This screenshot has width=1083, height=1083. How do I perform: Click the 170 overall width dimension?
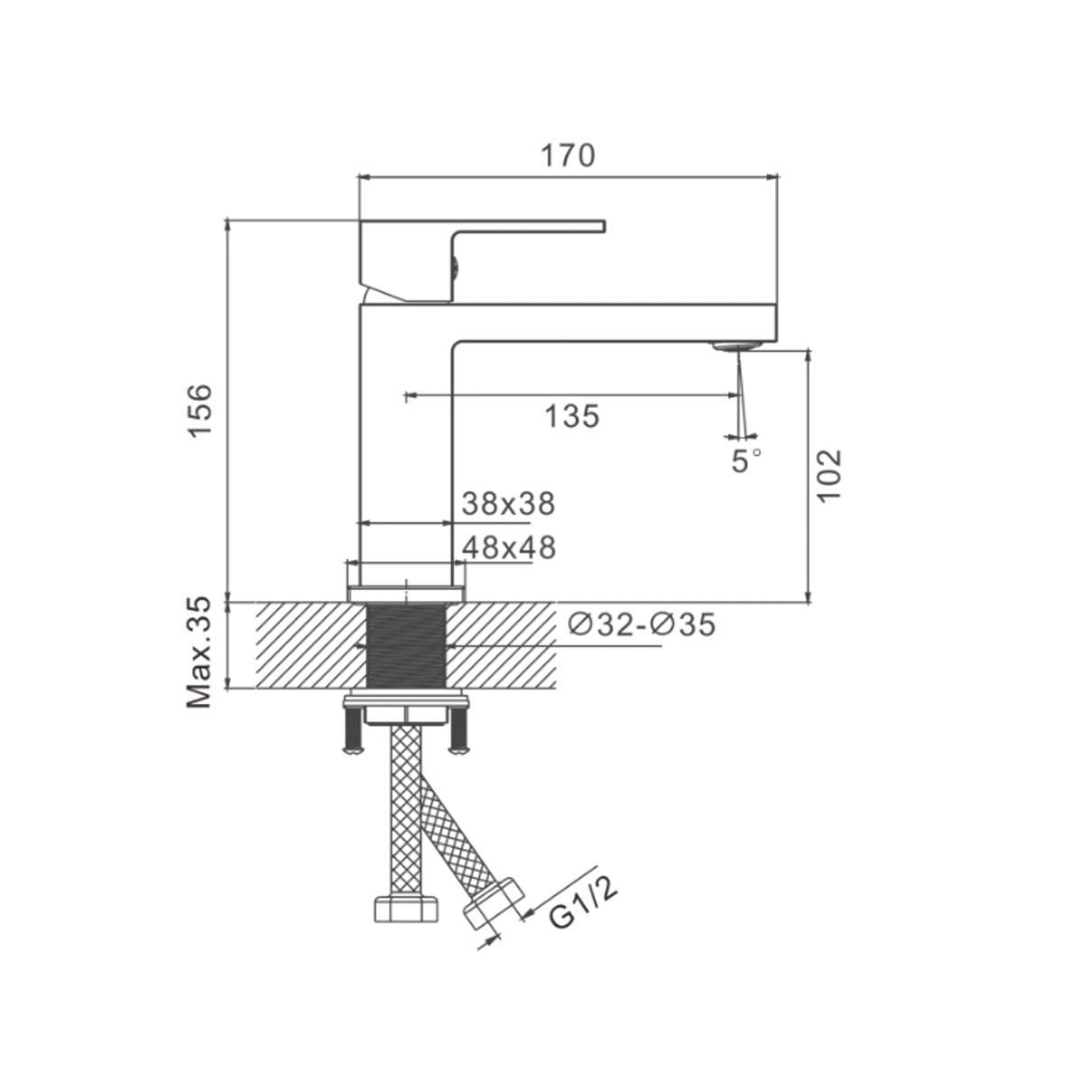567,155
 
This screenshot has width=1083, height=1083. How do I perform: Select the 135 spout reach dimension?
572,416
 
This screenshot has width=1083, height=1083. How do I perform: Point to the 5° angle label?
746,461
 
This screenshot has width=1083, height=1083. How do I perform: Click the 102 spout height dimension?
829,476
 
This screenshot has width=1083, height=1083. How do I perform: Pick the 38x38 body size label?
508,504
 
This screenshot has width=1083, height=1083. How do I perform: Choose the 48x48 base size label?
509,547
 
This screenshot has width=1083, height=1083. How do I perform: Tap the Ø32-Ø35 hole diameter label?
642,625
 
